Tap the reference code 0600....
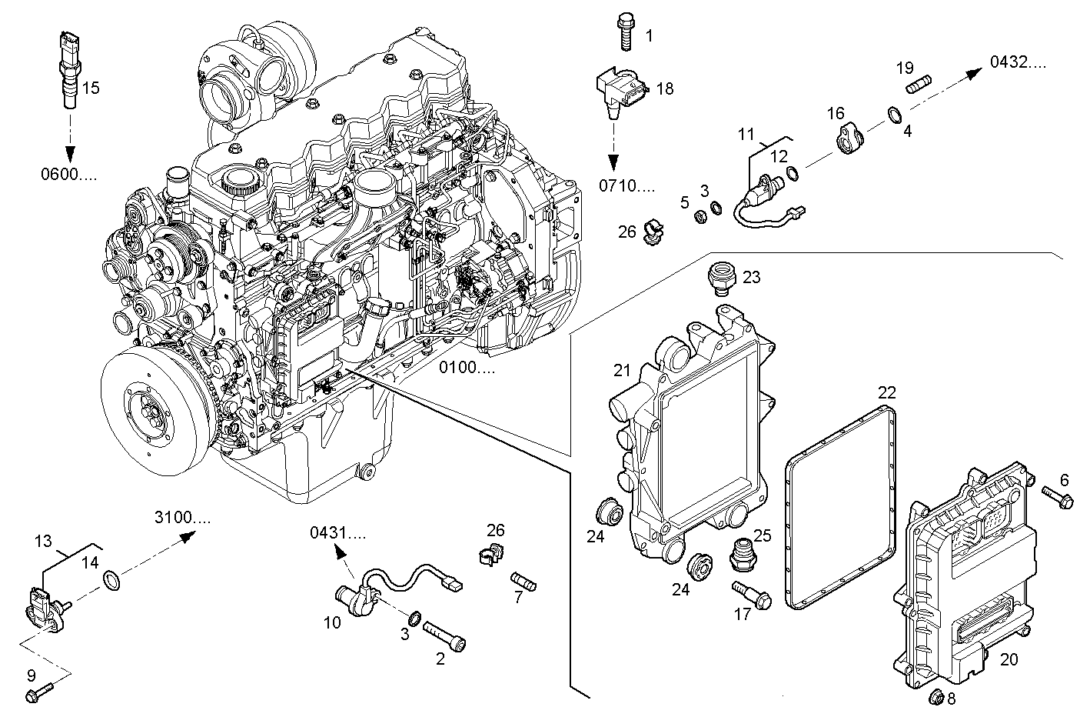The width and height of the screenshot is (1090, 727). tap(68, 174)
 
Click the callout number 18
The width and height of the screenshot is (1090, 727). tap(664, 88)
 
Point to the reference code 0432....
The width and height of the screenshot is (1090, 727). tap(1017, 62)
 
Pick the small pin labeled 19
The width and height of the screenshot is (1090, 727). tap(919, 85)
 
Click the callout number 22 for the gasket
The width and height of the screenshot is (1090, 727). tap(887, 392)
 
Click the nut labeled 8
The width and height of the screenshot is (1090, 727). tap(936, 698)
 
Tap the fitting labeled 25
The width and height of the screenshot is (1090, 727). tap(739, 556)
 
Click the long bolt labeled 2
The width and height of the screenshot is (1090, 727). tap(444, 635)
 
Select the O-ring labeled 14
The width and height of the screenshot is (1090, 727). tap(110, 582)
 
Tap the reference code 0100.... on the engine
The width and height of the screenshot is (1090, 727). tap(467, 368)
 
